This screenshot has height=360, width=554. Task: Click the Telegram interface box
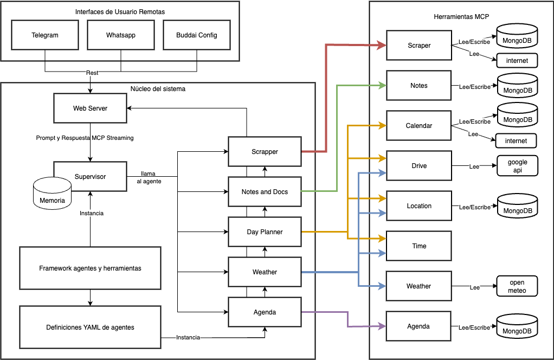point(44,35)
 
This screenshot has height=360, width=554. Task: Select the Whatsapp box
point(120,35)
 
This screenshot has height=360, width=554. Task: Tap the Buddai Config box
point(196,35)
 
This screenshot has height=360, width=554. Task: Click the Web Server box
point(90,108)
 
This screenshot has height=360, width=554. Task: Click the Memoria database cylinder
point(52,195)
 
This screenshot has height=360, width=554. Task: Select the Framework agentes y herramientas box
point(90,268)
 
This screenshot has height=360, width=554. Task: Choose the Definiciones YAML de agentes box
point(90,327)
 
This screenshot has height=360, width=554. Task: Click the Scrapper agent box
point(265,152)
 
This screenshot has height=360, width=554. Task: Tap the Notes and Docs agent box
point(265,192)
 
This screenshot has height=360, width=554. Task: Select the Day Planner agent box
point(265,232)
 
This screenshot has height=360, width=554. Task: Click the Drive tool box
point(418,166)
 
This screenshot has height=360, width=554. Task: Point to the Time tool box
point(418,246)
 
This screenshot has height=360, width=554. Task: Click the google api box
point(517,166)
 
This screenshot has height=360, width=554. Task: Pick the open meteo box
point(517,286)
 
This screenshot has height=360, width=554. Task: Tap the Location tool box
point(418,206)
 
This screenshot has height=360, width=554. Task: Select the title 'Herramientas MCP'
point(461,17)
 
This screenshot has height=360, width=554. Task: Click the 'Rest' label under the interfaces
point(92,73)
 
